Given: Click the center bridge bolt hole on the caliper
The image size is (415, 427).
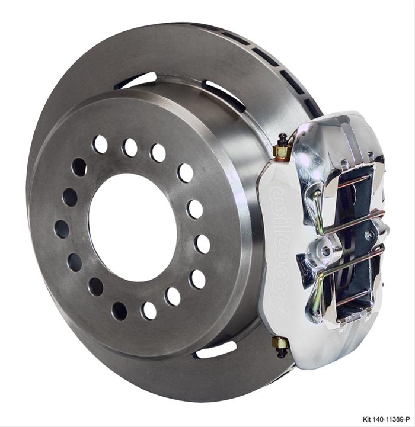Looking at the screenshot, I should tap(325, 251).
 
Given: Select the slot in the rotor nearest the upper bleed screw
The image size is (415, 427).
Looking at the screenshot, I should tap(224, 95).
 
